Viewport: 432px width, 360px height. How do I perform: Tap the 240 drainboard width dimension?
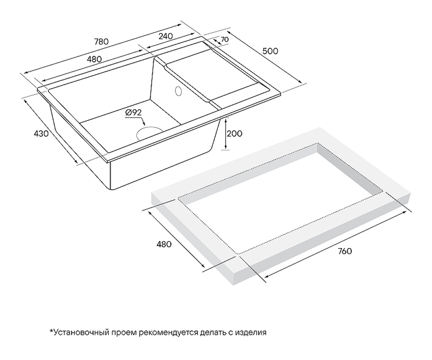click(166, 36)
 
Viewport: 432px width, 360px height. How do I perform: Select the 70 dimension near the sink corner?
click(224, 40)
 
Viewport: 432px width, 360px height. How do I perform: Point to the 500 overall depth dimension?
click(270, 51)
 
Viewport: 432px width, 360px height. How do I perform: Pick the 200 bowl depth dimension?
click(235, 133)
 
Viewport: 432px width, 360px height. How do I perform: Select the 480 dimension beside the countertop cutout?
click(164, 244)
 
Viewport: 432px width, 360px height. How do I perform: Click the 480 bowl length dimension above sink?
click(94, 59)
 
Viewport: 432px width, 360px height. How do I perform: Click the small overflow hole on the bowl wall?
click(177, 91)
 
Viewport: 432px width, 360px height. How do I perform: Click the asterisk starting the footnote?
click(51, 331)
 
